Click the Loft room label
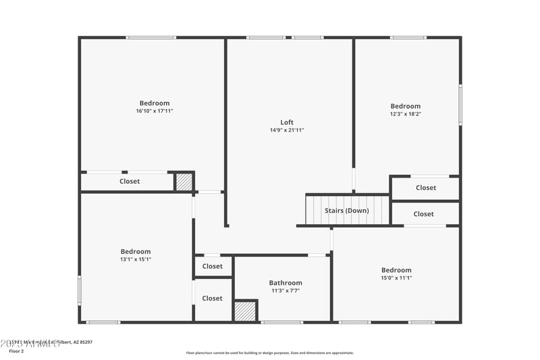coord(287,122)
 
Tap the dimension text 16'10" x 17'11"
coord(155,111)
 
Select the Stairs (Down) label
coord(347,211)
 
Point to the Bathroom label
coord(286,283)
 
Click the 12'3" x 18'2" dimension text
coord(405,114)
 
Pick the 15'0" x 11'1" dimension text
coord(396,278)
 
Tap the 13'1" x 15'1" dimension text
coord(136,259)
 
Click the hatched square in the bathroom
coord(246,311)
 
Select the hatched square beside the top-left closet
coord(184,182)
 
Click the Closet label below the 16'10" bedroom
coord(130,181)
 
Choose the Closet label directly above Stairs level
coord(426,188)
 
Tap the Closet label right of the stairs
coord(424,214)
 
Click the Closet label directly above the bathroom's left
coord(212,266)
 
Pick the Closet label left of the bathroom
coord(212,298)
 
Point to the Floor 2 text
coord(16,351)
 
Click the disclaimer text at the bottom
coord(270,353)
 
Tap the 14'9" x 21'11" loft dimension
coord(287,130)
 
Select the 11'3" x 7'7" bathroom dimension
coord(286,291)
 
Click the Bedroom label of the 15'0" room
coord(396,270)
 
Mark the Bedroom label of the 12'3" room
coord(405,106)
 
